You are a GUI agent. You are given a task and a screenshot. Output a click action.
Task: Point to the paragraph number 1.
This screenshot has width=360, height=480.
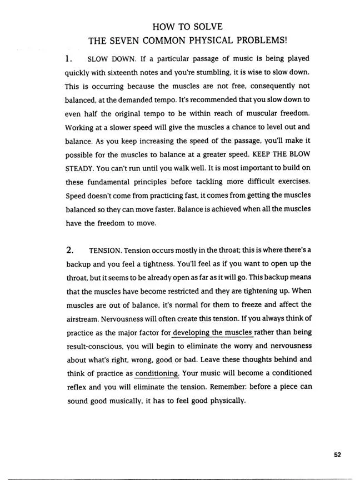click(x=68, y=58)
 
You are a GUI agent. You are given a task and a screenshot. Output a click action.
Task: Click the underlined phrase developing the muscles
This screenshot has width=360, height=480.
click(x=213, y=333)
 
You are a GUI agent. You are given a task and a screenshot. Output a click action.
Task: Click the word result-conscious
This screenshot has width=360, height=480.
click(x=93, y=346)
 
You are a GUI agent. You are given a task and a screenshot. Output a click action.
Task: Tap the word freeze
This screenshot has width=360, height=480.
click(x=254, y=304)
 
